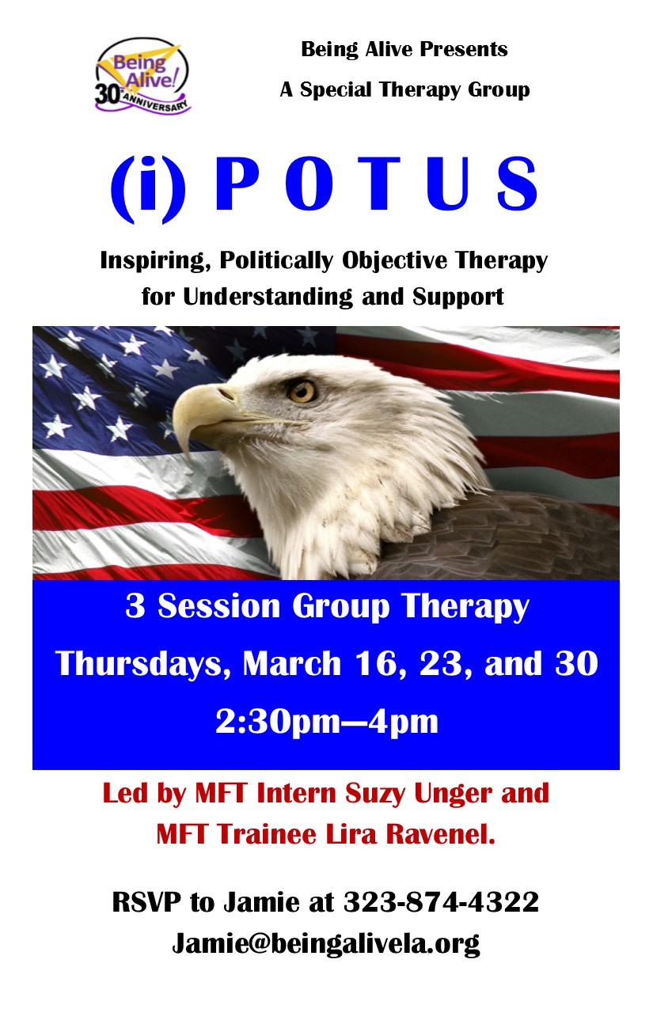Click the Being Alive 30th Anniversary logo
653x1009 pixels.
142,75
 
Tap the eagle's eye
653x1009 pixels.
302,390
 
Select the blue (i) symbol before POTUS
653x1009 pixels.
148,190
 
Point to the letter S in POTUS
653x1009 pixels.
518,184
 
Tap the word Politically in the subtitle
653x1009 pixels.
276,261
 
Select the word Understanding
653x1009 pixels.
268,297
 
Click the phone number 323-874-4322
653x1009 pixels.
441,902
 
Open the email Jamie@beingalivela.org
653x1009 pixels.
326,943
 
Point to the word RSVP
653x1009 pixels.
146,902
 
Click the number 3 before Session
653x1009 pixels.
135,605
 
